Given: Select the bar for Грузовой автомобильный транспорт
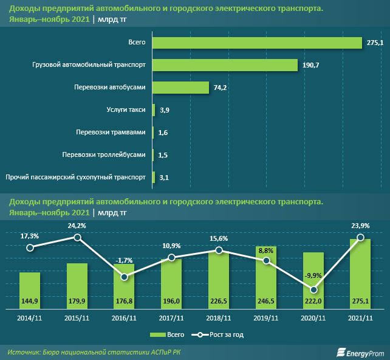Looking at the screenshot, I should click(225, 65).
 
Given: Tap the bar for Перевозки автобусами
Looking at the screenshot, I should click(180, 88).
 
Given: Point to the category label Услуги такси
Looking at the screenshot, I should click(126, 110).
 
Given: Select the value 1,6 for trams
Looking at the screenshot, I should click(163, 133).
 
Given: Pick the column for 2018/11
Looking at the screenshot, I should click(219, 280).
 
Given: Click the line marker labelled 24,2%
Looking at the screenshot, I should click(77, 237).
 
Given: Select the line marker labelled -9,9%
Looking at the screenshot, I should click(313, 290).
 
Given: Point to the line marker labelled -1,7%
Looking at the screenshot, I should click(125, 277).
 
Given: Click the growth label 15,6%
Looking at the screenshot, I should click(219, 238).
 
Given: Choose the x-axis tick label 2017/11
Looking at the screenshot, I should click(171, 318).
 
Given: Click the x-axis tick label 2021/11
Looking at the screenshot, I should click(360, 318).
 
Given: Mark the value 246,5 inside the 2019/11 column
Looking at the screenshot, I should click(266, 301).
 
